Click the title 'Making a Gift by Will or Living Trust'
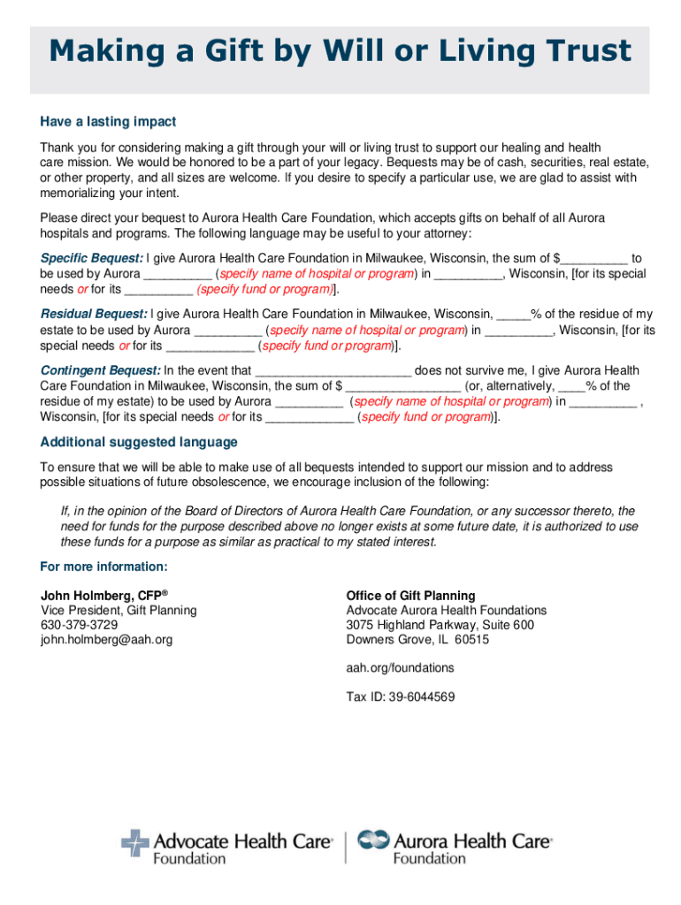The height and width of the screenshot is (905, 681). click(x=340, y=51)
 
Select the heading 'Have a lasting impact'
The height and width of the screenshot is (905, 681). click(x=108, y=121)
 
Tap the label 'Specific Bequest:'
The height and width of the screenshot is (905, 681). click(x=92, y=258)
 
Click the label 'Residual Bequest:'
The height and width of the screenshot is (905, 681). click(x=95, y=315)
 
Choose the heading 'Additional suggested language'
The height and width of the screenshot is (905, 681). click(x=139, y=442)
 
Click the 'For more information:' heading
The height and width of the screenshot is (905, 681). click(x=103, y=567)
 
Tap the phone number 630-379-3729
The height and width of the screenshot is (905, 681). click(x=77, y=625)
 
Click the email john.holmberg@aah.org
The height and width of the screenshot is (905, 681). click(x=106, y=640)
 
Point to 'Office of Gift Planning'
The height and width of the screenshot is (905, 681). click(x=410, y=596)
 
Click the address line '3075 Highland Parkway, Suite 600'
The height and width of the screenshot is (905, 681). click(x=440, y=625)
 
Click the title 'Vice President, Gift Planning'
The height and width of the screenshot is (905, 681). click(x=119, y=611)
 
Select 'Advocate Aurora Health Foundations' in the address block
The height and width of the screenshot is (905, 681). click(x=446, y=611)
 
